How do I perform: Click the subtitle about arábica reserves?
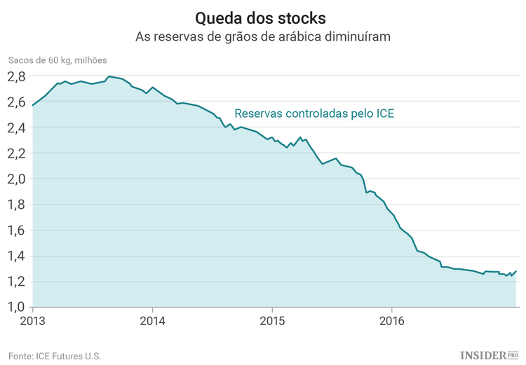262,36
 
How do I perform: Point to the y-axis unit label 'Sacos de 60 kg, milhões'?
58,60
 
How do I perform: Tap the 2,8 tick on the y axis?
17,76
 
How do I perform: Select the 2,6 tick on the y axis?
17,102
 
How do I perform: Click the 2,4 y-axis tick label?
17,128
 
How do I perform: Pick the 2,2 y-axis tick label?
17,153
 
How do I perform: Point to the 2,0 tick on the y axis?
17,179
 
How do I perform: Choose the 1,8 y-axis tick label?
17,205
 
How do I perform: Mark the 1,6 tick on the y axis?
17,230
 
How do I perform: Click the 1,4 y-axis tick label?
17,256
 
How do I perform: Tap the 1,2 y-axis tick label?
17,282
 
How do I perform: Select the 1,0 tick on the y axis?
17,307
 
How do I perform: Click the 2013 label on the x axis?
32,322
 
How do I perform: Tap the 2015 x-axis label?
272,322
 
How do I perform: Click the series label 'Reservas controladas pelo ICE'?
319,112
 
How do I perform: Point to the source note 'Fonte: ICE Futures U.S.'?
55,356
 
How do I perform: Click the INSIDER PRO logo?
489,355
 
